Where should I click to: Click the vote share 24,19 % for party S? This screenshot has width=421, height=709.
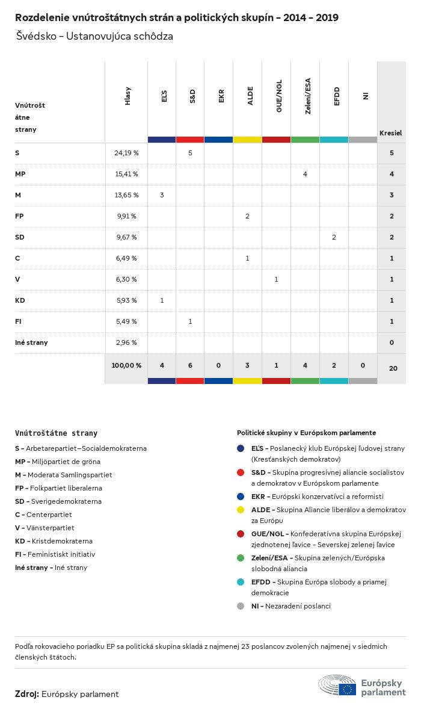(126, 153)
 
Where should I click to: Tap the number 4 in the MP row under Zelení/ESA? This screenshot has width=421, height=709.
(305, 174)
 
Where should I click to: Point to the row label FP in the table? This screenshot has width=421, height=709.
(19, 216)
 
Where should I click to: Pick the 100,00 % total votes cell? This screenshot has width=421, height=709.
(126, 365)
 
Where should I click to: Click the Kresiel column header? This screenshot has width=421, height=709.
(390, 132)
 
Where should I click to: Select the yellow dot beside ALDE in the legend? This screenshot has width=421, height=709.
(241, 510)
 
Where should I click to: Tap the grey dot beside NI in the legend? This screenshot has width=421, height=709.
(241, 606)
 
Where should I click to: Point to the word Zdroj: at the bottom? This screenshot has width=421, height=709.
(27, 694)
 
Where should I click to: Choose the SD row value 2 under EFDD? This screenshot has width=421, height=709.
(334, 237)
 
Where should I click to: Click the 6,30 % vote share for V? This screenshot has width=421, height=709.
(126, 279)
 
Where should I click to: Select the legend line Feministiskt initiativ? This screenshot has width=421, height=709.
(55, 554)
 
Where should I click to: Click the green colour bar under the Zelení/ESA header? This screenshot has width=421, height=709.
(305, 140)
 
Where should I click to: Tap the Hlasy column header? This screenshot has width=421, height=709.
(128, 96)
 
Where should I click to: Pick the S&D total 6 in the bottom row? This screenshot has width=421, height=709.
(190, 365)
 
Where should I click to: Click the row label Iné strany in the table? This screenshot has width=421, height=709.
(31, 342)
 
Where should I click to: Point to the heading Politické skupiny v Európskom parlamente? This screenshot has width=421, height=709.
(306, 433)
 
